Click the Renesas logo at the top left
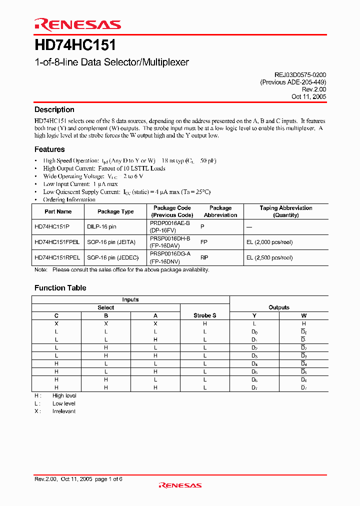(77, 24)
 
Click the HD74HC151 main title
(75, 45)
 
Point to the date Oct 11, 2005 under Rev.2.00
(309, 96)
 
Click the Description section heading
(54, 109)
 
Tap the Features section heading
(49, 149)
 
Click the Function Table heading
(60, 287)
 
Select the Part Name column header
(58, 211)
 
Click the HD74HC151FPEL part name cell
(57, 242)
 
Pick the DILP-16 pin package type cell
(101, 226)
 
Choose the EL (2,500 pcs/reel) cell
(269, 257)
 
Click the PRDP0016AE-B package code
(169, 223)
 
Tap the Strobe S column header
(204, 315)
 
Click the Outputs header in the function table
(278, 307)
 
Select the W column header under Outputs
(303, 315)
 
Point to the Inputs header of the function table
(130, 299)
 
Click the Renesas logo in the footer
(179, 485)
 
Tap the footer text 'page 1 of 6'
(108, 478)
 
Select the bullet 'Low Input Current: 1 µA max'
(80, 184)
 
